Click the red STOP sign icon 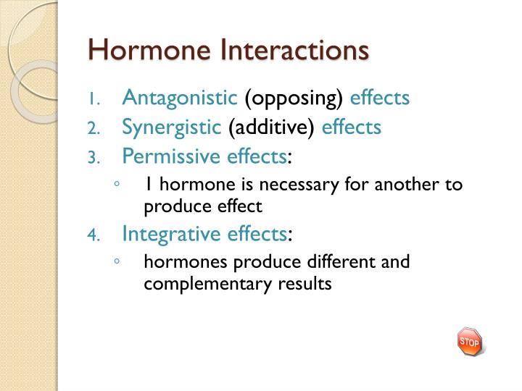pos(469,341)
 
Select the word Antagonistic pos(180,98)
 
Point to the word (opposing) pos(294,98)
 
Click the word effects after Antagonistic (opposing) pos(380,98)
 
